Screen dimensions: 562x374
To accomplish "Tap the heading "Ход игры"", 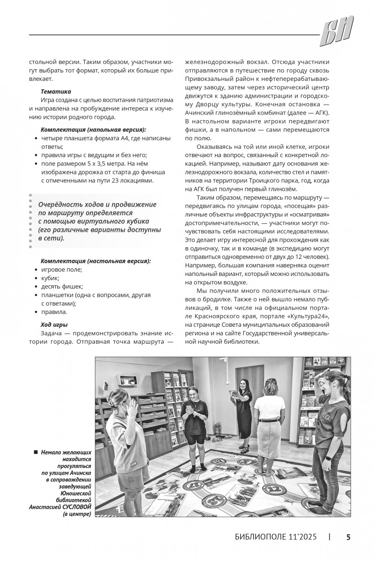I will point(54,324).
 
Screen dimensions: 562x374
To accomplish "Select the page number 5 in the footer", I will point(348,537).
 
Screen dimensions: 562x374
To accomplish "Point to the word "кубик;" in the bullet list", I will point(51,278).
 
